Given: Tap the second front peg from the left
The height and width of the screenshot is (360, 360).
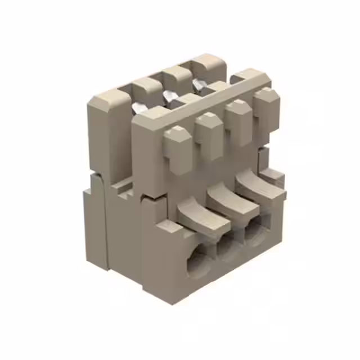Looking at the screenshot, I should pyautogui.click(x=208, y=135).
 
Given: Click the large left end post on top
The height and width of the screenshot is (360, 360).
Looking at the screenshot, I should pyautogui.click(x=107, y=107).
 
